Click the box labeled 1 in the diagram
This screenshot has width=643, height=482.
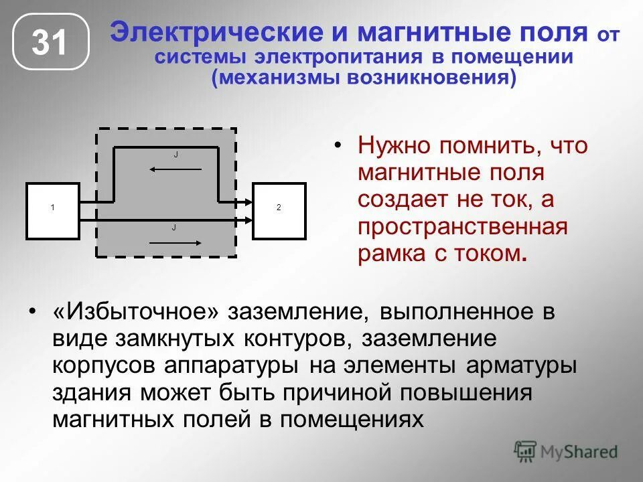click(x=53, y=211)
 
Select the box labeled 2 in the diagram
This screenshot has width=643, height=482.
click(x=279, y=211)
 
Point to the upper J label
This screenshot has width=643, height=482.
click(x=175, y=155)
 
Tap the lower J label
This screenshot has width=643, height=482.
click(x=173, y=228)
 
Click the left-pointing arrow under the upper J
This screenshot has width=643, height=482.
click(x=175, y=169)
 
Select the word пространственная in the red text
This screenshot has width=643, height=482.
click(x=462, y=226)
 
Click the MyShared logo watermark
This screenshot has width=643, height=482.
click(x=566, y=451)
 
